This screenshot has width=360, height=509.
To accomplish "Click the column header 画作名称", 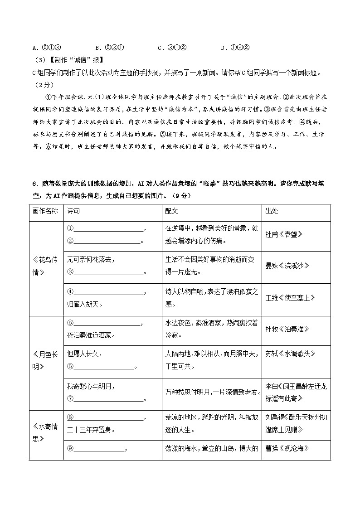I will [x=46, y=212].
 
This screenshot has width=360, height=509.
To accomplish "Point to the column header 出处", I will [x=272, y=212].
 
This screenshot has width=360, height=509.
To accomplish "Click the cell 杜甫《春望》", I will [x=284, y=235].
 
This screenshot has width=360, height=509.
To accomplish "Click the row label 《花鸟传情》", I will [x=46, y=266].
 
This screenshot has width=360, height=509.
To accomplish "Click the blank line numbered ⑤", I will [x=107, y=324].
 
